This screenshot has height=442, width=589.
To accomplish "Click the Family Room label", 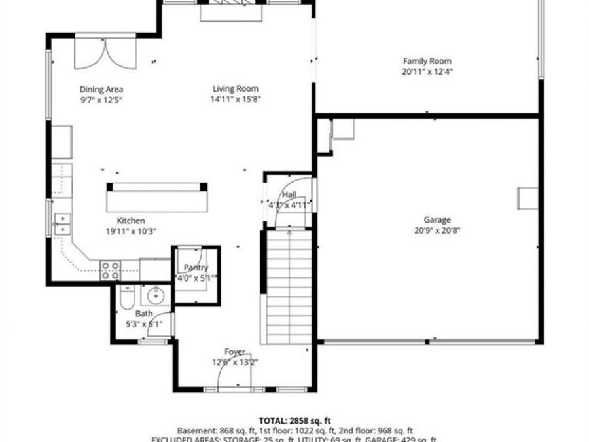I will [x=427, y=61].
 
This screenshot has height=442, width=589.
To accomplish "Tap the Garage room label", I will [x=427, y=221].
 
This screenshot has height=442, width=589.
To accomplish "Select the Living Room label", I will [x=235, y=89].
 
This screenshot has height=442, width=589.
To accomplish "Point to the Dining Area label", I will [x=101, y=90].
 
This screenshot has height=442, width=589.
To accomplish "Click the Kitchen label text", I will [x=131, y=221].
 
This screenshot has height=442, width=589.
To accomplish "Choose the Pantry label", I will [x=196, y=267].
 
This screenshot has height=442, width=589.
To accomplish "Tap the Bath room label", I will [x=143, y=314].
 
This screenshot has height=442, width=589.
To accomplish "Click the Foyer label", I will [x=235, y=352].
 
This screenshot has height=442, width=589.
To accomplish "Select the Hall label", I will [x=289, y=195].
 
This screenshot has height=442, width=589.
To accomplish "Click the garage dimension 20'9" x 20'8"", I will [x=427, y=230].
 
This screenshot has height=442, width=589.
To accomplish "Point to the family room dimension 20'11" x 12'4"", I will [x=427, y=71].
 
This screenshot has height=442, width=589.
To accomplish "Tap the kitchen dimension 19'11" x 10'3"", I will [x=131, y=230].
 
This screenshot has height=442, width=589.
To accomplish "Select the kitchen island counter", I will [x=157, y=196].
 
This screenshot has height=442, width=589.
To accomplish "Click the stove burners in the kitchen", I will [x=109, y=270].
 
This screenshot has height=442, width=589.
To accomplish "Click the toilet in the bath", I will [x=127, y=300].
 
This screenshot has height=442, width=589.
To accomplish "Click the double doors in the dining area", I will [x=105, y=53].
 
